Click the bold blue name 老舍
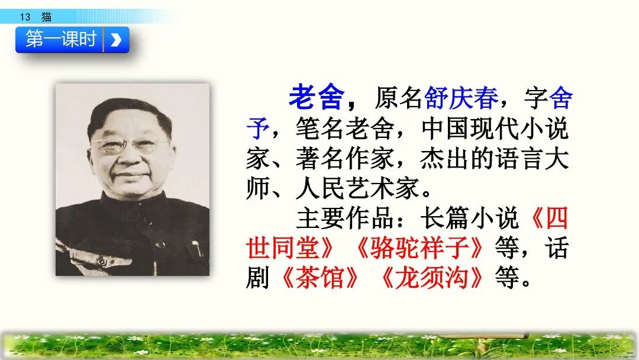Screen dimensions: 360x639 tap(315, 98)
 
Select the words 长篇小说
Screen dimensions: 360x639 tap(469, 218)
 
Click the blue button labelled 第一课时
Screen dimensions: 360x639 tap(61, 40)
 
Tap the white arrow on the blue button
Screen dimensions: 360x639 tap(116, 40)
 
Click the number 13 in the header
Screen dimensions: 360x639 tap(25, 17)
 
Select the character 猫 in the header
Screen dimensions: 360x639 tap(46, 17)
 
